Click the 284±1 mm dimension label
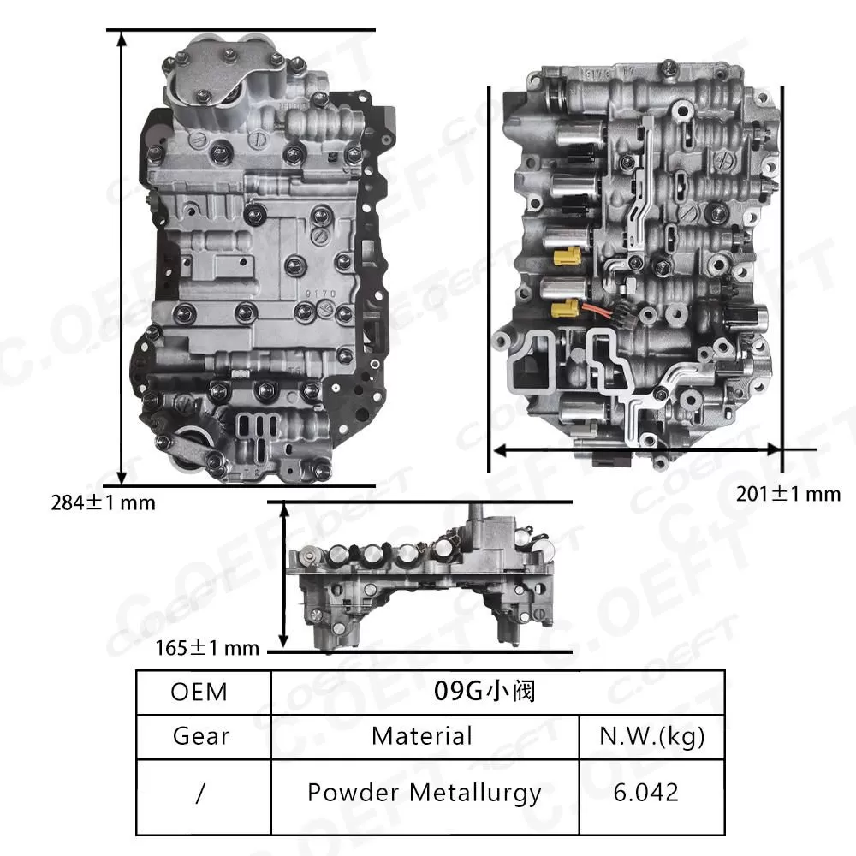(103, 502)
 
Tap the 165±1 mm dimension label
(205, 648)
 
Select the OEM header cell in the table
(199, 691)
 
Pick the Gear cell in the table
(199, 735)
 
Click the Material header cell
(422, 735)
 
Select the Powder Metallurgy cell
(424, 792)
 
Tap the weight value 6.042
(646, 792)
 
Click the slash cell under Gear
(199, 793)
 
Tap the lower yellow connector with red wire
(564, 308)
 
